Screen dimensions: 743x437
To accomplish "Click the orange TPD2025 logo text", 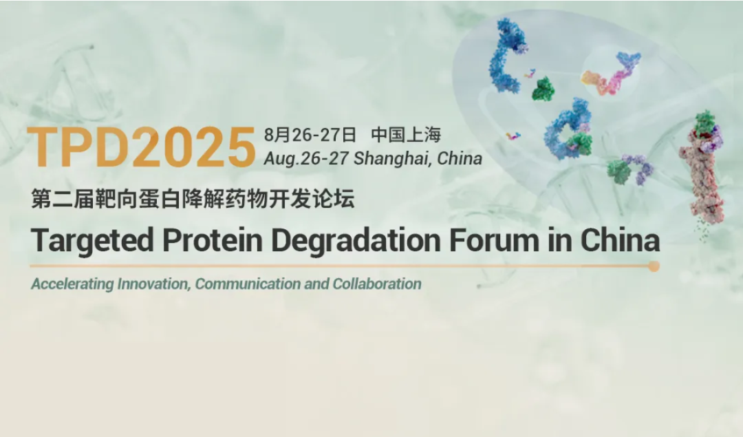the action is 142,147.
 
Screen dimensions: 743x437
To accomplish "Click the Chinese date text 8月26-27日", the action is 310,135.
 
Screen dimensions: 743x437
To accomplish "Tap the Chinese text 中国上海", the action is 406,135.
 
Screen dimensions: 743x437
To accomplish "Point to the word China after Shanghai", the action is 459,158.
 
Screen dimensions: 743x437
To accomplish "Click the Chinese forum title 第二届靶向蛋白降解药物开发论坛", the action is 193,199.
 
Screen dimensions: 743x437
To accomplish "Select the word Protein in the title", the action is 213,239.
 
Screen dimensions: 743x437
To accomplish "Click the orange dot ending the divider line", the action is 654,266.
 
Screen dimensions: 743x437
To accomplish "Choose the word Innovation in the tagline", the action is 154,284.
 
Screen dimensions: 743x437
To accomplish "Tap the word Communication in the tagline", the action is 248,284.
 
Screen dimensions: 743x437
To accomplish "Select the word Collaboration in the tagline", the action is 377,284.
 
